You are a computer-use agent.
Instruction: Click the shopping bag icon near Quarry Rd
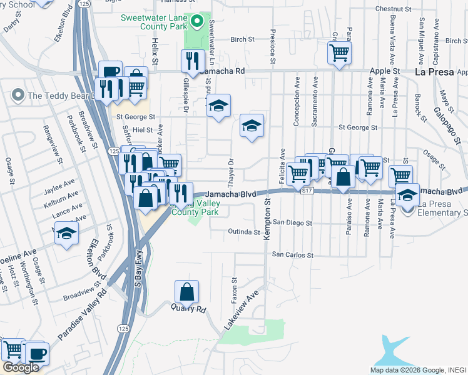tap(186, 292)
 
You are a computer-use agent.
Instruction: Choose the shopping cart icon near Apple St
tap(339, 54)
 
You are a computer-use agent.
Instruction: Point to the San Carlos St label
tap(292, 255)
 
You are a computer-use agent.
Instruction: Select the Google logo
tap(21, 367)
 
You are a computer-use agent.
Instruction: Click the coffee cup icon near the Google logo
tap(36, 354)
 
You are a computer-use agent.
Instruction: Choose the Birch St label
tap(243, 39)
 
